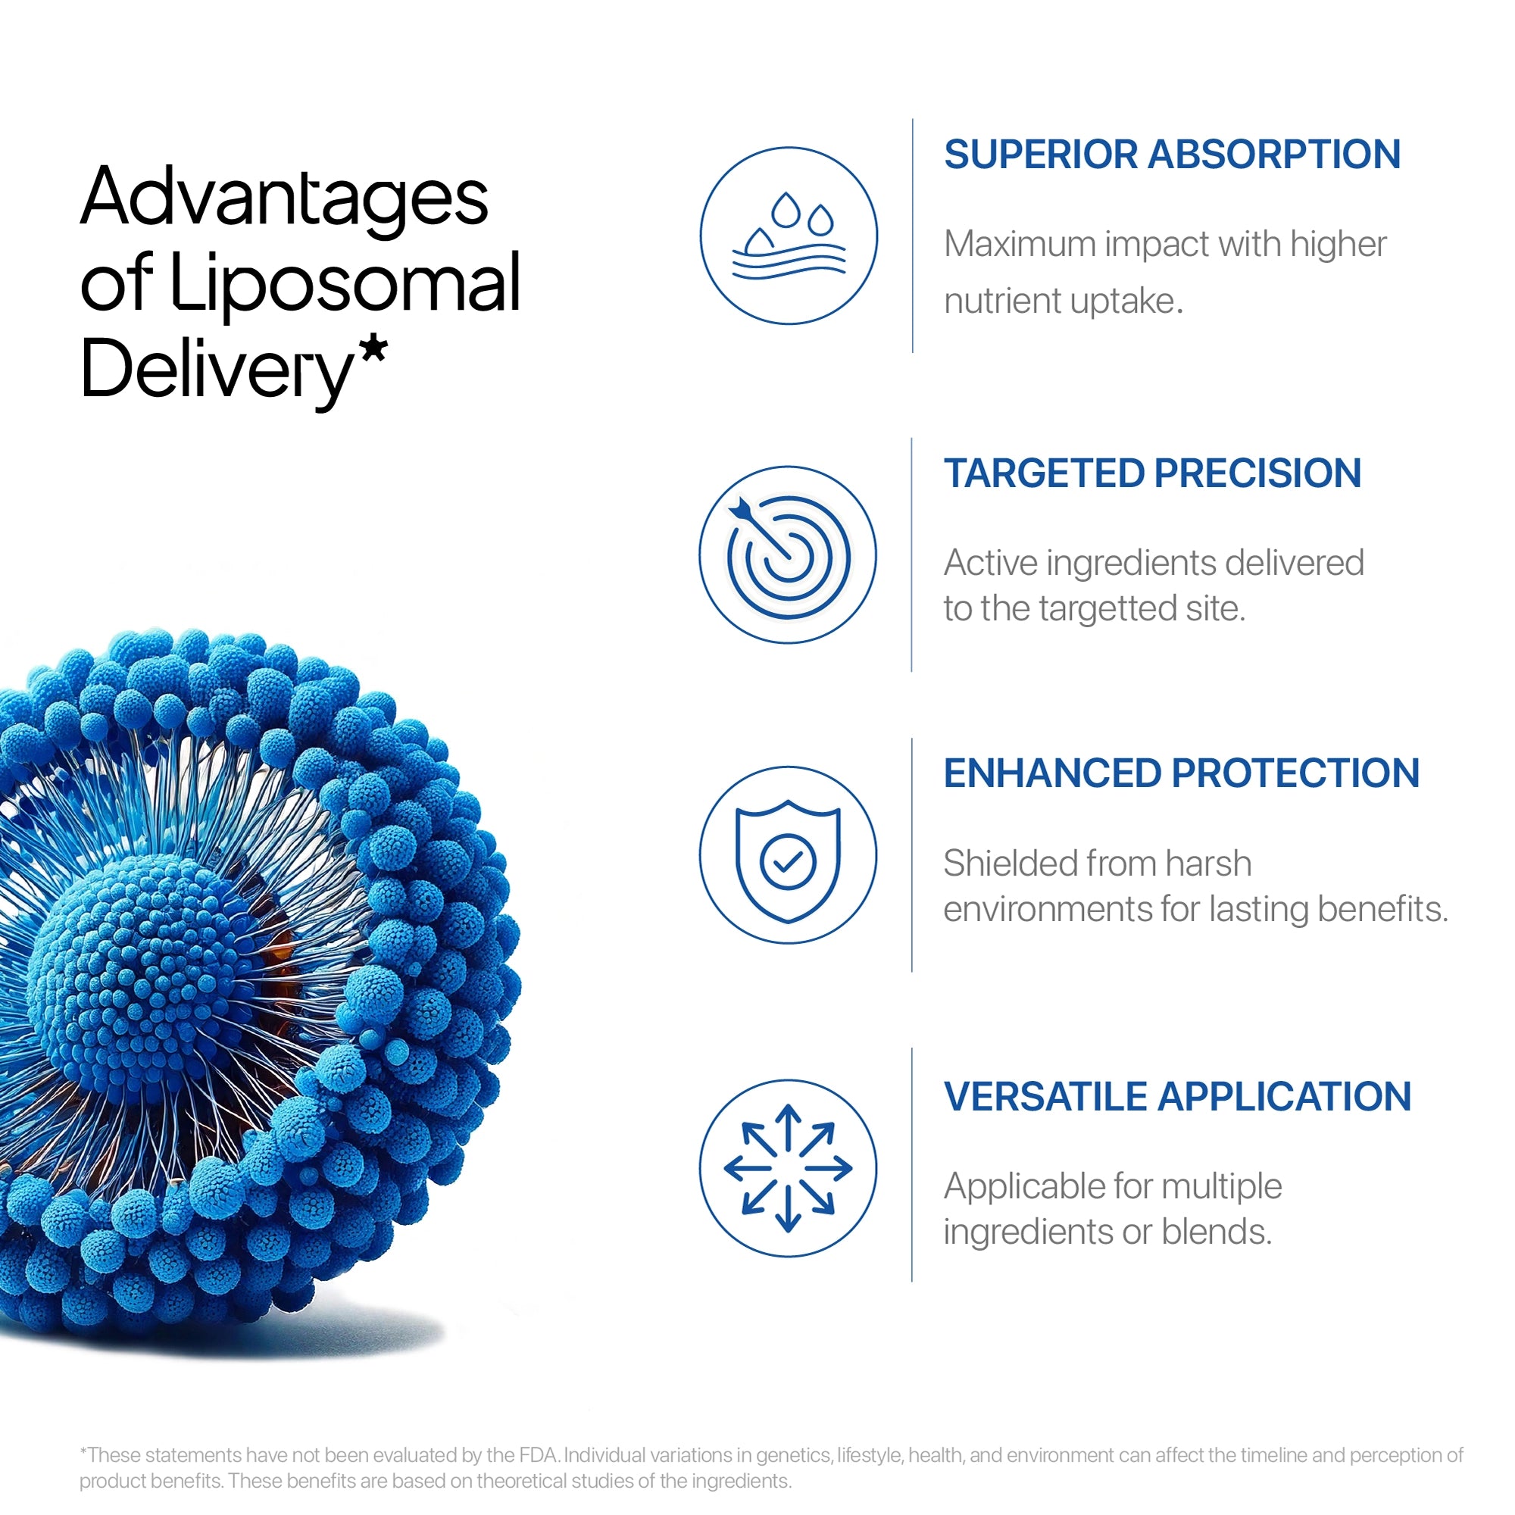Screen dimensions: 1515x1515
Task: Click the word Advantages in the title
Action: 284,198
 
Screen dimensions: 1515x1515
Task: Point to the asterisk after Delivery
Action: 374,351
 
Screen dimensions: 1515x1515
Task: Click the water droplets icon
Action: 788,236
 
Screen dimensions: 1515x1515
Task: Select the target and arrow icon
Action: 788,555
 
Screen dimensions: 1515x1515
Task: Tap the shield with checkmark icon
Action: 788,861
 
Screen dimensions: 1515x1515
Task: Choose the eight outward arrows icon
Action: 788,1168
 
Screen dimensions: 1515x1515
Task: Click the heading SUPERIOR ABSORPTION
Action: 1172,155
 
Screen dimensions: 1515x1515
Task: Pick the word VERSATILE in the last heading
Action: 1045,1097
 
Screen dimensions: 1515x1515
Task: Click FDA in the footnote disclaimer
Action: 538,1455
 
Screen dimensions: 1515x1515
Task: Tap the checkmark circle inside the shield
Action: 788,863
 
